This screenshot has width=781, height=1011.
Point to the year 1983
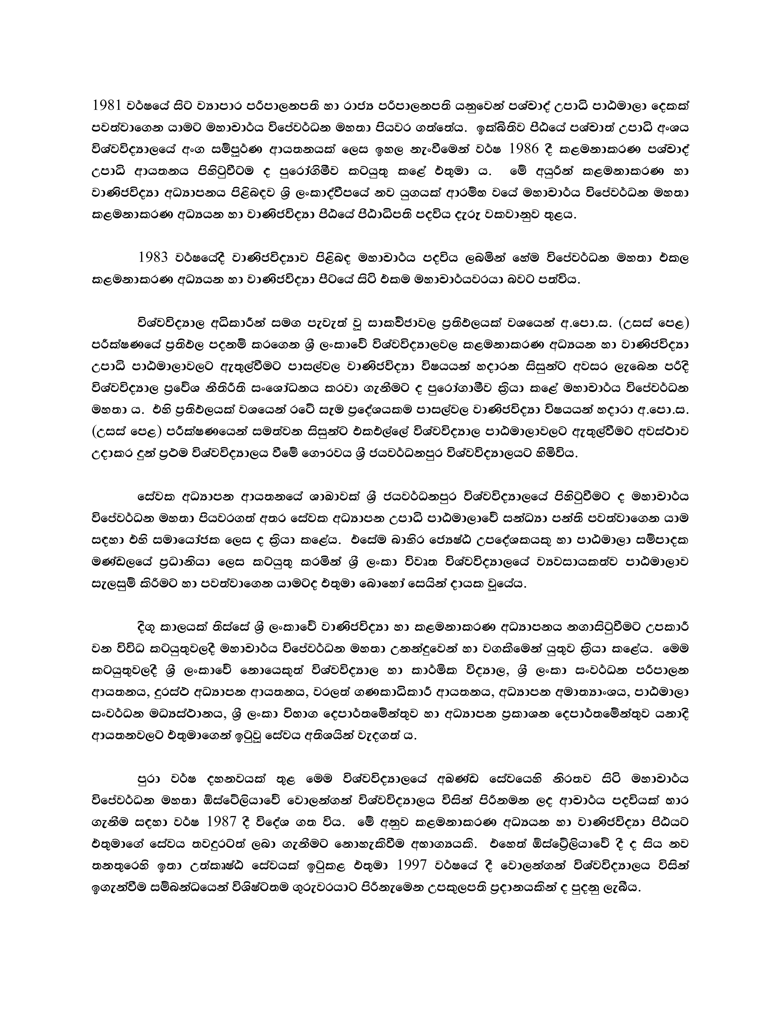tap(153, 258)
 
